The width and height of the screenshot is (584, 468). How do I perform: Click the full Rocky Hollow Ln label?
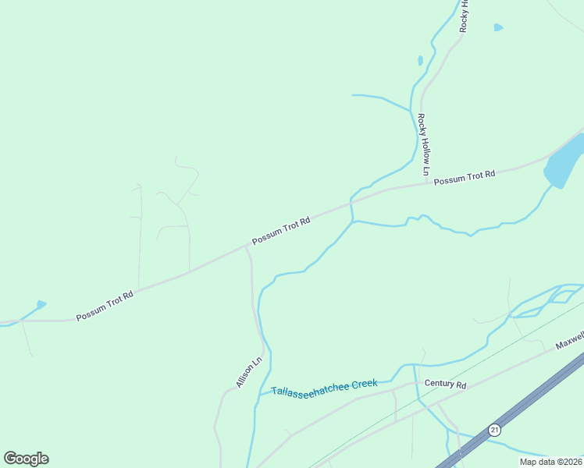click(x=423, y=144)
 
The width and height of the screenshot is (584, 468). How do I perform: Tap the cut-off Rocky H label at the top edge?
click(x=464, y=16)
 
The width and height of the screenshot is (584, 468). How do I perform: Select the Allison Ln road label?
click(x=249, y=373)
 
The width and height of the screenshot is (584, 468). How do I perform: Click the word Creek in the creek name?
click(x=364, y=383)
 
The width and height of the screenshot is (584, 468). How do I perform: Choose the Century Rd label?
click(x=445, y=385)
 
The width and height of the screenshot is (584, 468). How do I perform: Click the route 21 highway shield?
click(x=493, y=430)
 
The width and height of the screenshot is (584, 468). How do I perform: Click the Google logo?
click(x=26, y=459)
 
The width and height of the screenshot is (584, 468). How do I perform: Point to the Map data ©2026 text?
click(x=550, y=462)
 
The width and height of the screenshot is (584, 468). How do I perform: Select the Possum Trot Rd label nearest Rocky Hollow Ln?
click(x=465, y=177)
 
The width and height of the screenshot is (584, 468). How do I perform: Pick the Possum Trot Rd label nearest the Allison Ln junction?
click(x=281, y=232)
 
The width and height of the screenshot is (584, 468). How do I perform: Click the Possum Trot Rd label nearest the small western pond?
click(x=105, y=305)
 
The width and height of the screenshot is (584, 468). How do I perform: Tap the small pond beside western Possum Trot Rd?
click(x=41, y=304)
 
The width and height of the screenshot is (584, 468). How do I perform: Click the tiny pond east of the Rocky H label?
click(x=498, y=28)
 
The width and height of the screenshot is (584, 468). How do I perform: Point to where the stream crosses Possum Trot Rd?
click(x=351, y=204)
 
